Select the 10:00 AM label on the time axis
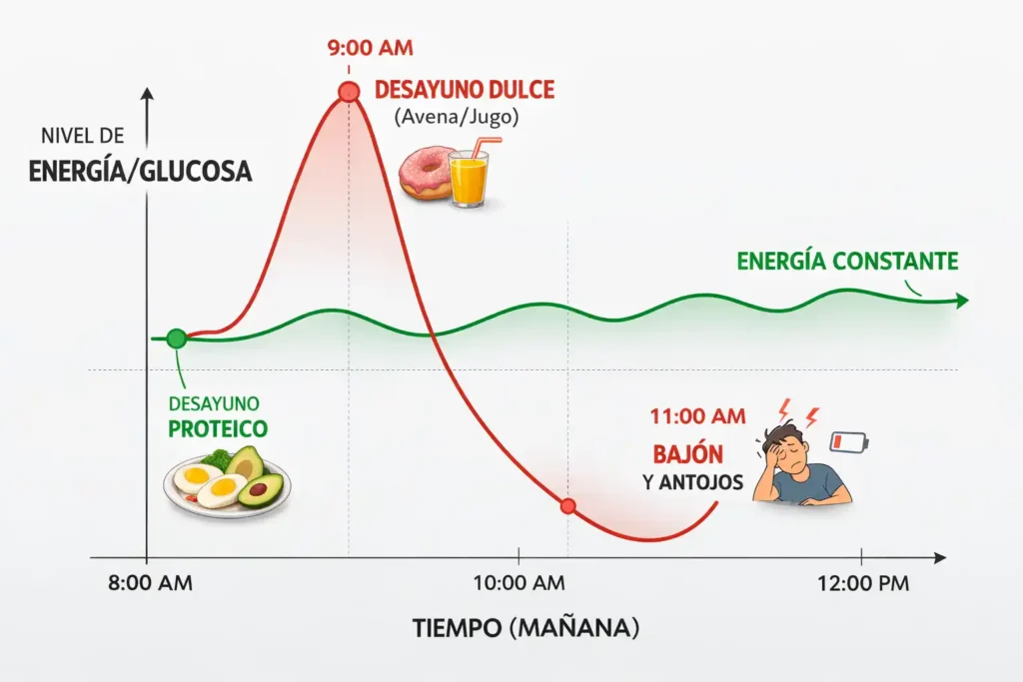(x=517, y=584)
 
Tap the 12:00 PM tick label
(x=861, y=584)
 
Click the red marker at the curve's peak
(x=349, y=93)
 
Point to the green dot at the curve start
(x=177, y=339)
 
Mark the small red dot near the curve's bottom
(x=568, y=506)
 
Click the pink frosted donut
(x=426, y=175)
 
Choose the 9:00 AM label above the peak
(x=370, y=47)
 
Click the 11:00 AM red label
(x=697, y=415)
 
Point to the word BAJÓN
(x=687, y=452)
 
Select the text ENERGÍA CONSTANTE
(x=847, y=262)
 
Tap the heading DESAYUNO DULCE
(x=464, y=89)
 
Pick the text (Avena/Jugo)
(x=457, y=117)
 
